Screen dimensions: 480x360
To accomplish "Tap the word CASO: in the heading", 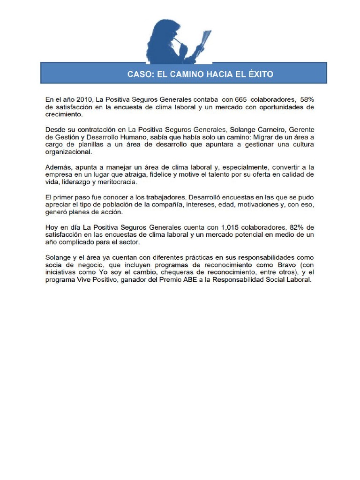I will [x=141, y=74].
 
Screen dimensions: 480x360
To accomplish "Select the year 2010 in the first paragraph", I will [x=83, y=99].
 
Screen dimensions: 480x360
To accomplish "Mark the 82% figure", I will [x=306, y=227].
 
